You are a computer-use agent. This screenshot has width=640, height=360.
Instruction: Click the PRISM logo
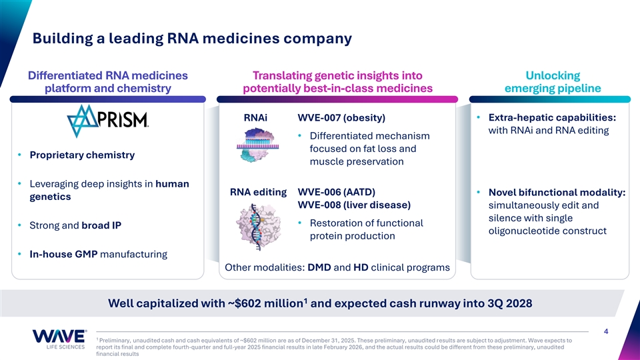click(x=108, y=121)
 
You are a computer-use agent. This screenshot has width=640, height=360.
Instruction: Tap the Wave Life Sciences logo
click(x=59, y=339)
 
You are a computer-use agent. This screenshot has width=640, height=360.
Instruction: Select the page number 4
click(x=606, y=331)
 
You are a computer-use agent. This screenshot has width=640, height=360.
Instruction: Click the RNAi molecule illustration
click(x=257, y=145)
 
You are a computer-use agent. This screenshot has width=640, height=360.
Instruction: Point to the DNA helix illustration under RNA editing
click(x=257, y=227)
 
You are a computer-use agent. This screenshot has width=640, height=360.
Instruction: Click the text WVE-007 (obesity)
click(x=341, y=117)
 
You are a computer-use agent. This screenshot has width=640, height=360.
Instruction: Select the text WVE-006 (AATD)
click(x=336, y=192)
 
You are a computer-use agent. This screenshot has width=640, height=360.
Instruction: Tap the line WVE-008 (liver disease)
click(x=354, y=205)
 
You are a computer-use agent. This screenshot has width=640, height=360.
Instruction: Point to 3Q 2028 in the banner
click(x=510, y=303)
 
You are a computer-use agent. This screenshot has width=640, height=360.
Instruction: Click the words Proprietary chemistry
click(x=82, y=155)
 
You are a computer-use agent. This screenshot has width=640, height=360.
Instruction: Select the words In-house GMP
click(x=63, y=254)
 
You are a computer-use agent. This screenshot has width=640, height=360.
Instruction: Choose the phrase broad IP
click(x=101, y=225)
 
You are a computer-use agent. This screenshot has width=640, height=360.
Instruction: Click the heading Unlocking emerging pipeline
click(x=553, y=81)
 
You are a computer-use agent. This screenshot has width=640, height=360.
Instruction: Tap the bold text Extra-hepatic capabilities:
click(x=552, y=117)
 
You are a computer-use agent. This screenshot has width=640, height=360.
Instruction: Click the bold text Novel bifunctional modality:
click(x=557, y=192)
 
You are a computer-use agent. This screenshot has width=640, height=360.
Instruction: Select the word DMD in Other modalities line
click(x=319, y=267)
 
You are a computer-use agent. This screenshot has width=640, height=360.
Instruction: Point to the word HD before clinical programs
click(x=361, y=267)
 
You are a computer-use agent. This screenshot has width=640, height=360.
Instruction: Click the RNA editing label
click(x=259, y=192)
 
